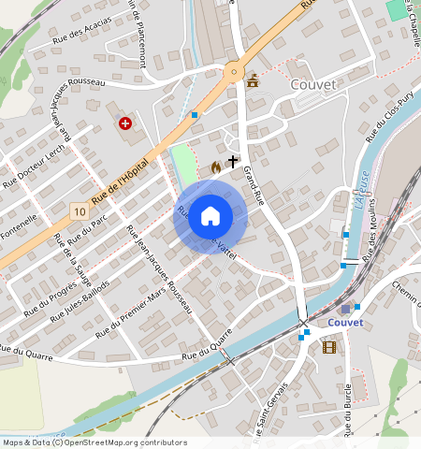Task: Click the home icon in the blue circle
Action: [210, 215]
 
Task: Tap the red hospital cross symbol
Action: [124, 123]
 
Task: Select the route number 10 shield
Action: [80, 212]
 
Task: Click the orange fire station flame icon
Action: [216, 167]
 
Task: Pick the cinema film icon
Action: [328, 347]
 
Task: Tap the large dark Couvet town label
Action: [314, 84]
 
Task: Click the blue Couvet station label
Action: [345, 323]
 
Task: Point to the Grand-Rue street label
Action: [254, 185]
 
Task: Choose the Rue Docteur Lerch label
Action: [33, 165]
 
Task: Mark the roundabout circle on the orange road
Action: [233, 70]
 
